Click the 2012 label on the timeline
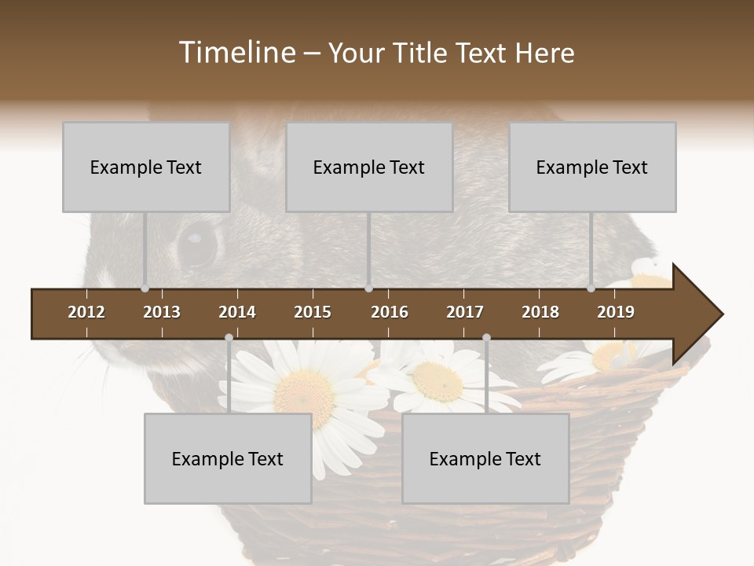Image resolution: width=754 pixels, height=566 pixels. tap(86, 312)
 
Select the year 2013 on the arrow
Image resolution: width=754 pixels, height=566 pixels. tap(162, 312)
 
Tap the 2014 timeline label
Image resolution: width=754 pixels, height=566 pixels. tap(237, 312)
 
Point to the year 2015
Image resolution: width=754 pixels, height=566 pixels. tap(313, 312)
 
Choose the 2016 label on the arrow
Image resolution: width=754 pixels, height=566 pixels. tap(390, 312)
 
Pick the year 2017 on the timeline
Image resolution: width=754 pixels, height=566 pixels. tap(465, 312)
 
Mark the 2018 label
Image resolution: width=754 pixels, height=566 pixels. tap(540, 312)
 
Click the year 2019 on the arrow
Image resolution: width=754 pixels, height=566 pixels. tap(616, 312)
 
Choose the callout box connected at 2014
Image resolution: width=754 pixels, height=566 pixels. tap(228, 458)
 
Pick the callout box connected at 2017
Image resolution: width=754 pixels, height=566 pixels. tap(485, 458)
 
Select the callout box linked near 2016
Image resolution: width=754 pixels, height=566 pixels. tap(369, 167)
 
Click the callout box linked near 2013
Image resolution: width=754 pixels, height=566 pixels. tap(146, 167)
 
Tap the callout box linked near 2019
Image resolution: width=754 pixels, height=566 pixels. tap(592, 167)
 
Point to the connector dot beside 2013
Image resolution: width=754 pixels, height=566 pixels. tap(145, 289)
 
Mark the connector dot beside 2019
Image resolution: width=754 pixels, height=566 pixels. tap(591, 289)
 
